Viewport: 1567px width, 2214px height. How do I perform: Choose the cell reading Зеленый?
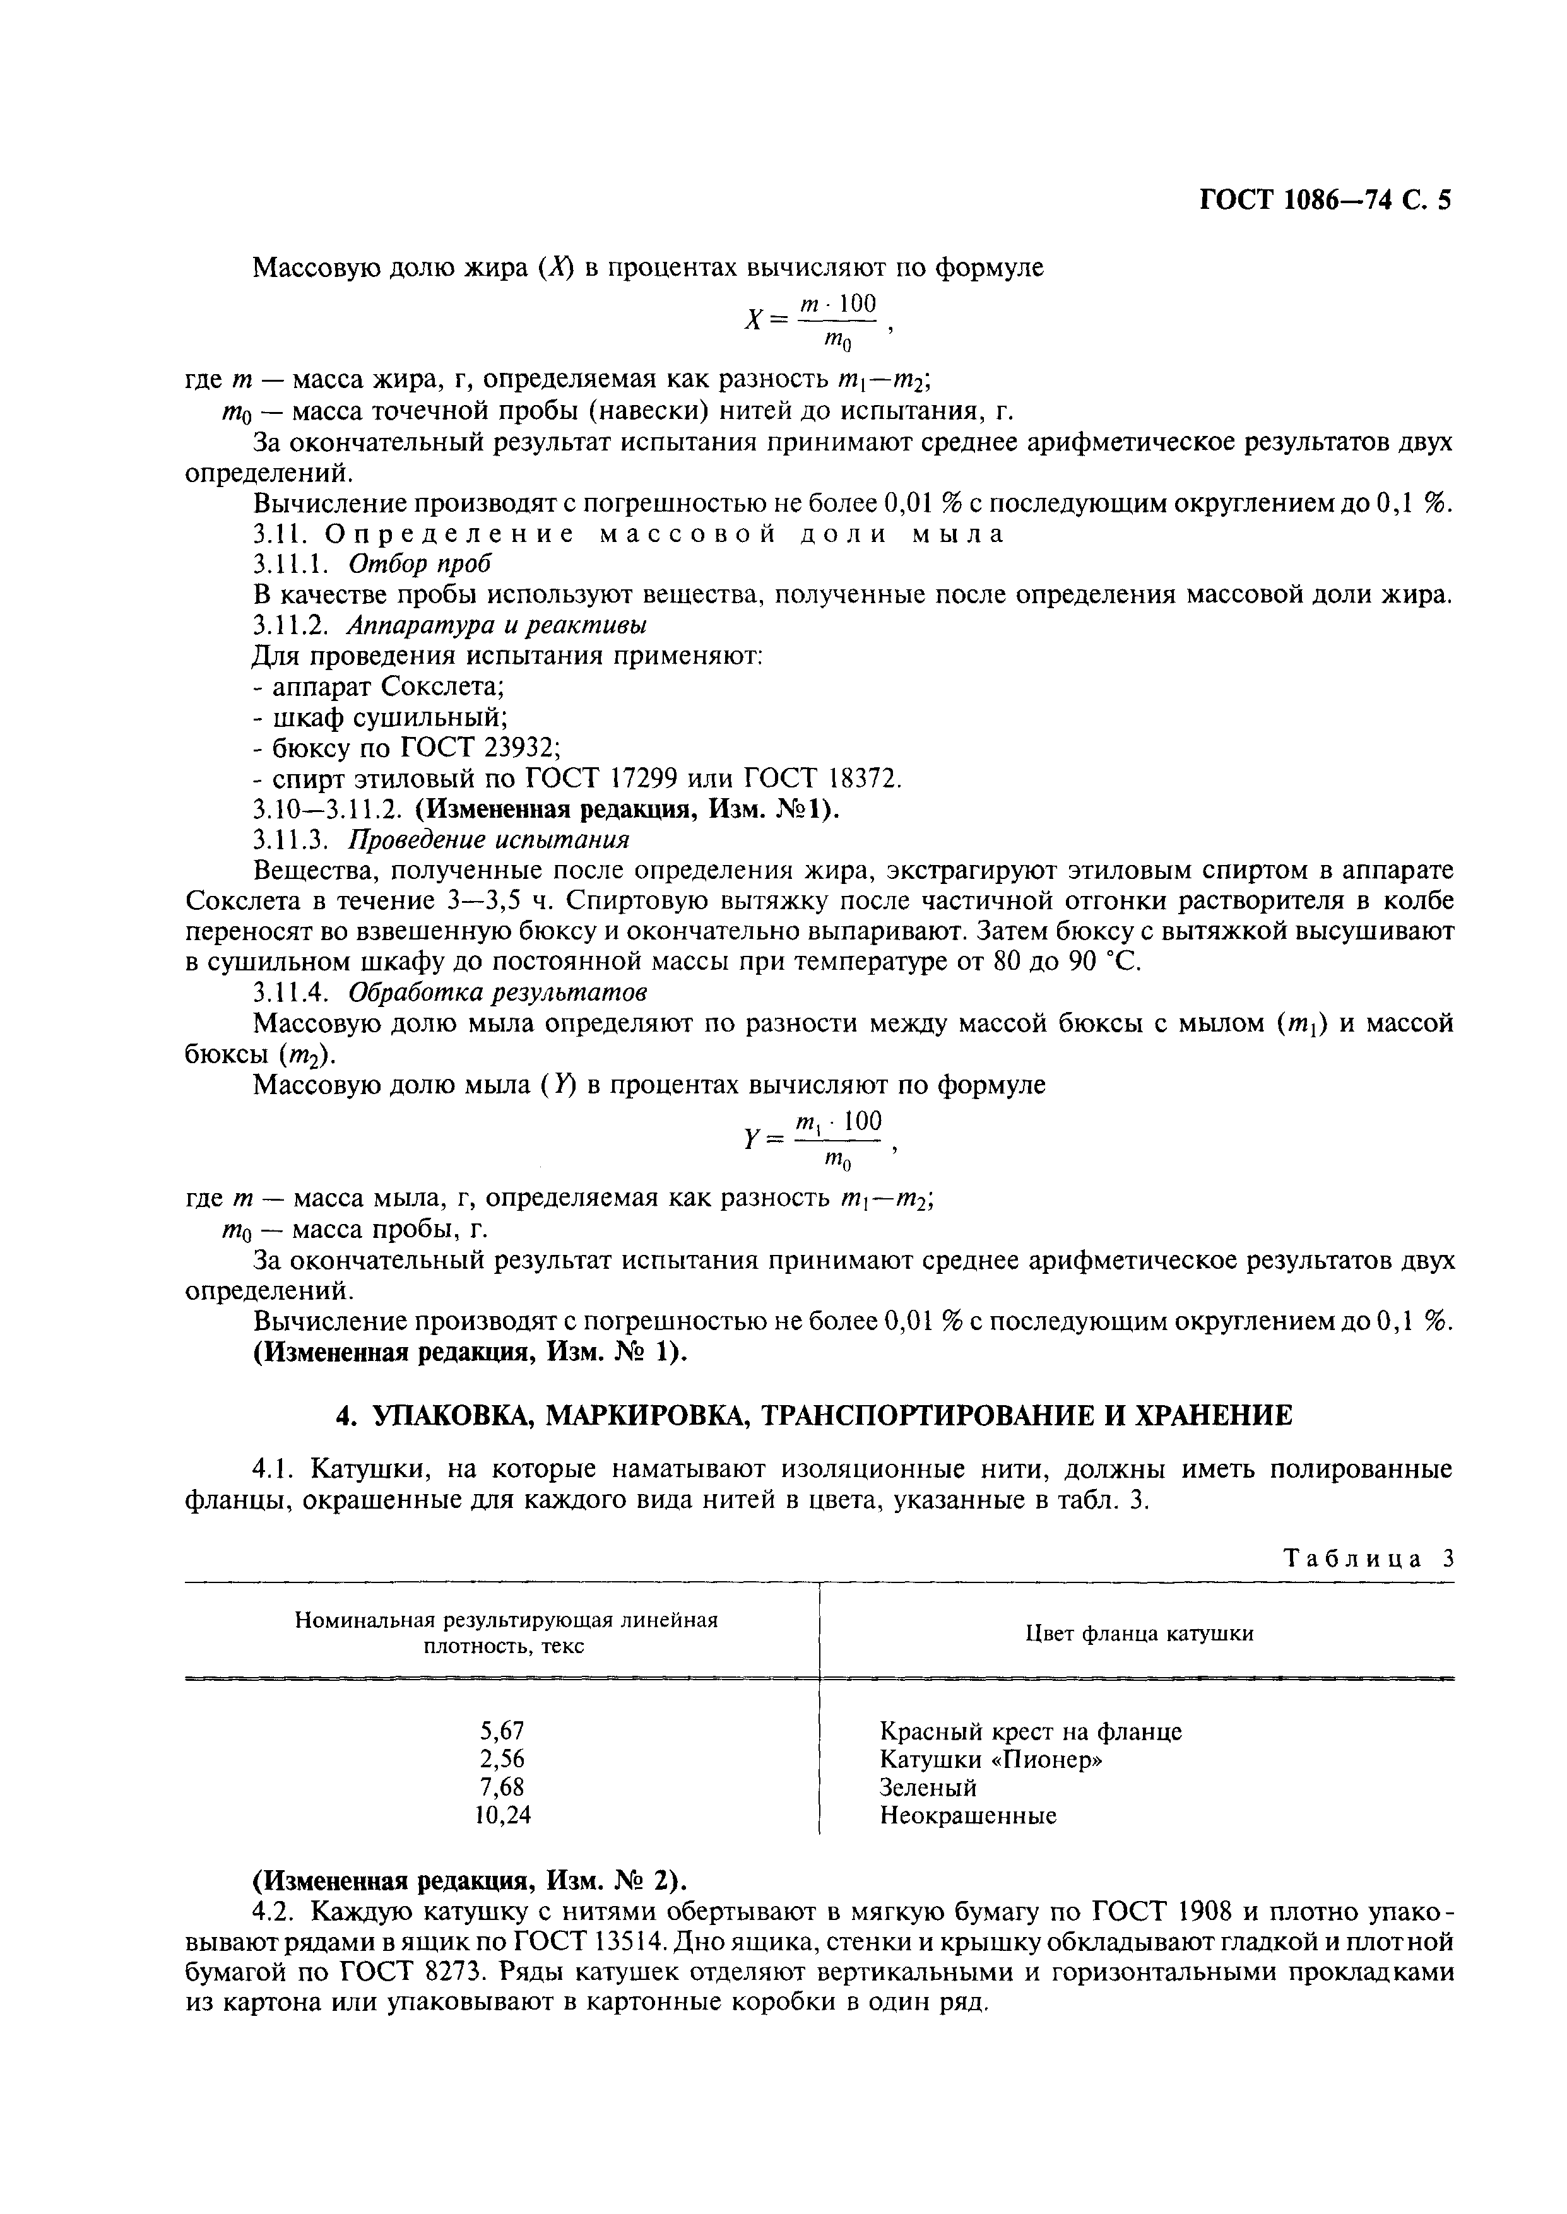[x=928, y=1787]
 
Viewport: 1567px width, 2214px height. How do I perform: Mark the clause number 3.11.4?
[x=293, y=992]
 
